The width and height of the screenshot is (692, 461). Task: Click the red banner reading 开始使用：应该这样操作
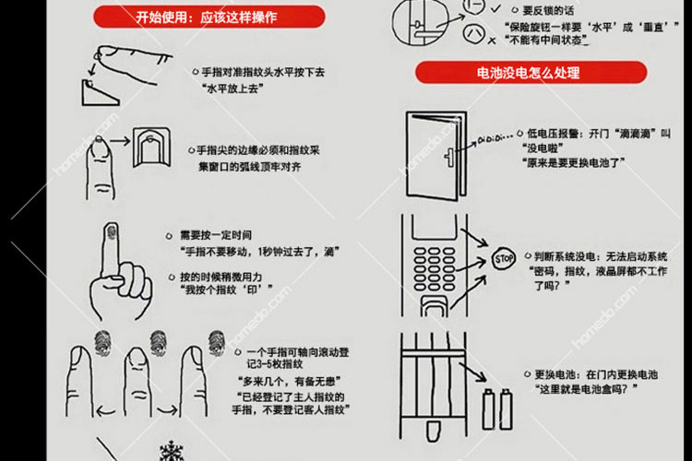[210, 16]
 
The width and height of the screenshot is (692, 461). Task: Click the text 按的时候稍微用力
[222, 277]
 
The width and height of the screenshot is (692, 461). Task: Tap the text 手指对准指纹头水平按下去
[267, 71]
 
